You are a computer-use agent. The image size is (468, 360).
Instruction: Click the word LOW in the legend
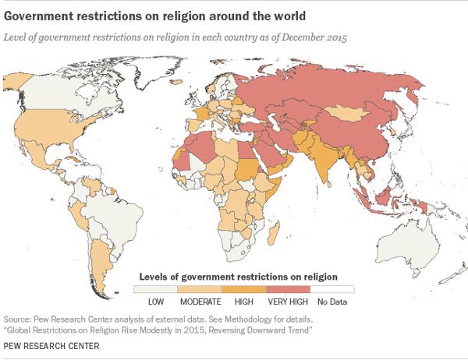point(155,300)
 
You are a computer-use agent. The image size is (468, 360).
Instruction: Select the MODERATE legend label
point(200,300)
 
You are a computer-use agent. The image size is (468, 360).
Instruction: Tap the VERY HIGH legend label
point(289,300)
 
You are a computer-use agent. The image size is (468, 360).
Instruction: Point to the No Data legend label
point(333,300)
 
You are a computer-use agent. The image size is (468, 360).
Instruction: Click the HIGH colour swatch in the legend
point(244,288)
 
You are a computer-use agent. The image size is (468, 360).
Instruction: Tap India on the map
point(325,160)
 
